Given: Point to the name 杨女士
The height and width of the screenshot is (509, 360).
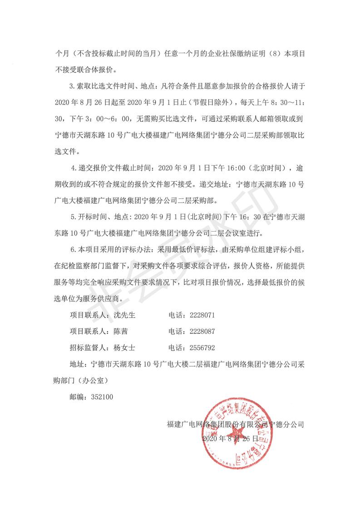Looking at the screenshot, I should (x=128, y=348).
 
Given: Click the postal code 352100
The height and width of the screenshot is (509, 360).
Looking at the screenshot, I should (x=101, y=396).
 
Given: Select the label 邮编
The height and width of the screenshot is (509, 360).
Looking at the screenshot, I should (x=76, y=396).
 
